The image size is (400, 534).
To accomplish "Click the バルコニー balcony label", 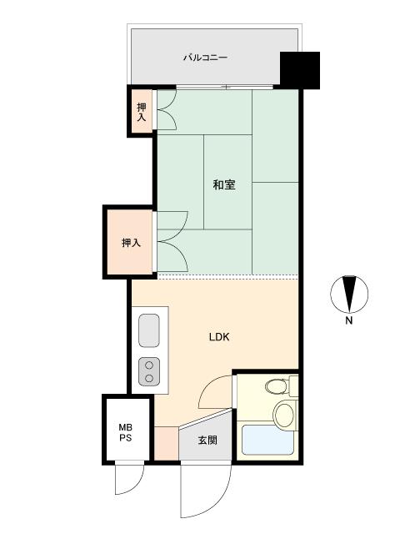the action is click(x=205, y=58).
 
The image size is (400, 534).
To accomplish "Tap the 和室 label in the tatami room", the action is click(x=224, y=185).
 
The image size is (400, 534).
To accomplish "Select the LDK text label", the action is click(x=219, y=337).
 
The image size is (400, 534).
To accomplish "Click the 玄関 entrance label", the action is click(x=207, y=441).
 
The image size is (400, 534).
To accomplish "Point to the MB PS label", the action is click(x=126, y=432).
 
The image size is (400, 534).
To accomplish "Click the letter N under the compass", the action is click(x=349, y=320).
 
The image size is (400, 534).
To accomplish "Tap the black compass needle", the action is click(x=349, y=294).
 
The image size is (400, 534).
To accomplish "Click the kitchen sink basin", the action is click(x=149, y=330).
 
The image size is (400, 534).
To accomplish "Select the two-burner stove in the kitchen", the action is click(x=149, y=371).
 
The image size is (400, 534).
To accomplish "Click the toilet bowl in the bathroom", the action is click(x=276, y=386).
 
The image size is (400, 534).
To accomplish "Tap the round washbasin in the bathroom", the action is click(x=284, y=415).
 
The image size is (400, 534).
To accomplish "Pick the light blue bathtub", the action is click(x=267, y=440).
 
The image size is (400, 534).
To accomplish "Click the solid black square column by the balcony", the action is click(x=300, y=70).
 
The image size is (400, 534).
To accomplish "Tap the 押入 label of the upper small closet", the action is click(x=142, y=112).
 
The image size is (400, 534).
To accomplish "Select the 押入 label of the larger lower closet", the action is click(x=132, y=243).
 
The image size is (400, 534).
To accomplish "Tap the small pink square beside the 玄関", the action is click(x=167, y=443).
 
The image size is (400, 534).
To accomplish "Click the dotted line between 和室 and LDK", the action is click(x=227, y=275).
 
